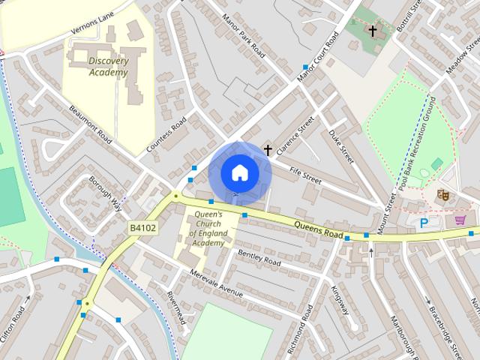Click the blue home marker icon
pos(239,172)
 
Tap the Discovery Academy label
pos(108,67)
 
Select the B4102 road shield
pos(142,227)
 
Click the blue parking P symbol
pos(424,223)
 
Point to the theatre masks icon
pos(442,195)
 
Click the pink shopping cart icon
pos(460,220)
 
